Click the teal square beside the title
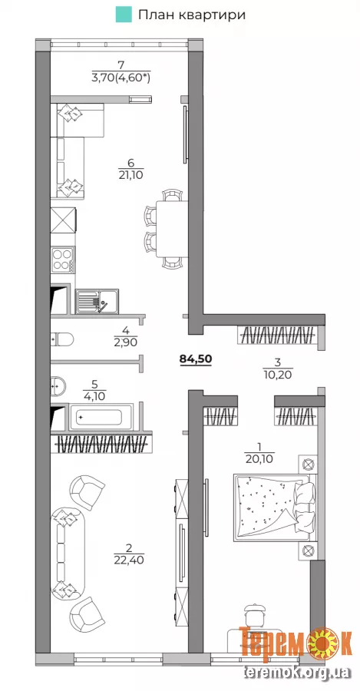point(124,15)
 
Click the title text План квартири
point(192,15)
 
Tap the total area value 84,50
point(196,359)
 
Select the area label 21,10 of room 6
point(130,175)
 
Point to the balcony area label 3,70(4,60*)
point(121,78)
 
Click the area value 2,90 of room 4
point(126,341)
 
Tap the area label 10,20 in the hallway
point(278,375)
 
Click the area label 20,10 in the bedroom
point(259,460)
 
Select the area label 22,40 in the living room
point(129,560)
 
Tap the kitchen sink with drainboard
point(97,301)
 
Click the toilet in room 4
point(62,339)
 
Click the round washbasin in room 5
point(58,385)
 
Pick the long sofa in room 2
point(67,553)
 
